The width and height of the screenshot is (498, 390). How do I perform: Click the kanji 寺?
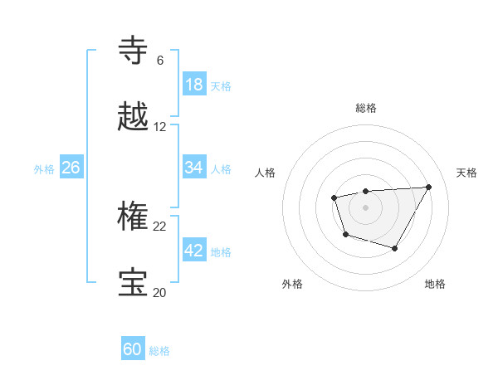click(134, 51)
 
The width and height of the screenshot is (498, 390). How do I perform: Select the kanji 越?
click(134, 118)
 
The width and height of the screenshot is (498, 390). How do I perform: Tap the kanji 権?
click(134, 217)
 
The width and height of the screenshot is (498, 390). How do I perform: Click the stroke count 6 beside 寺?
click(159, 61)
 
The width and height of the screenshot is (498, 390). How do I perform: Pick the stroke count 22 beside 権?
click(159, 226)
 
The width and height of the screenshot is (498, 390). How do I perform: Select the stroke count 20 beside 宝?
click(159, 292)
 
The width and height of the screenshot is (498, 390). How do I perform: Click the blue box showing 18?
click(194, 85)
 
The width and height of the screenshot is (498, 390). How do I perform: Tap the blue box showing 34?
click(194, 168)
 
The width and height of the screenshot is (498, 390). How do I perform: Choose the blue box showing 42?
click(194, 251)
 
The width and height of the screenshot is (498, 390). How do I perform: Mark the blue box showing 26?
click(71, 168)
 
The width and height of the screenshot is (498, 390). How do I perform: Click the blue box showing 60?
click(133, 349)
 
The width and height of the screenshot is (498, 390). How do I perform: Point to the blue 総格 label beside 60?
click(159, 351)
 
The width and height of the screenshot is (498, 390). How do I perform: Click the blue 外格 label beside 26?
click(44, 169)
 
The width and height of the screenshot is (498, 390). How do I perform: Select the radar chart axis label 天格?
click(467, 173)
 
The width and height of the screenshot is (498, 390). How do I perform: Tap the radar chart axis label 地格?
click(435, 284)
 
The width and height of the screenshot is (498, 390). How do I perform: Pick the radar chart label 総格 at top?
click(366, 108)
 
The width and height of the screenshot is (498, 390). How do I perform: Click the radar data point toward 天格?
click(428, 187)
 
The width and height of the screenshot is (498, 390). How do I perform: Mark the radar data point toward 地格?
click(395, 248)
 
